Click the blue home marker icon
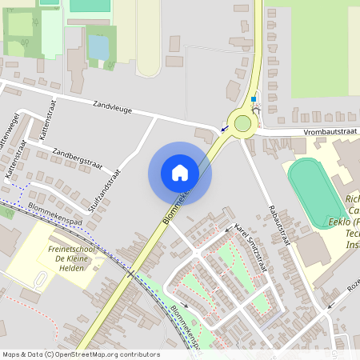pyautogui.click(x=180, y=172)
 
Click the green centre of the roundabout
pyautogui.click(x=242, y=123)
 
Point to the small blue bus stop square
pyautogui.click(x=254, y=100)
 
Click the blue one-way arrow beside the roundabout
pyautogui.click(x=225, y=127)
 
